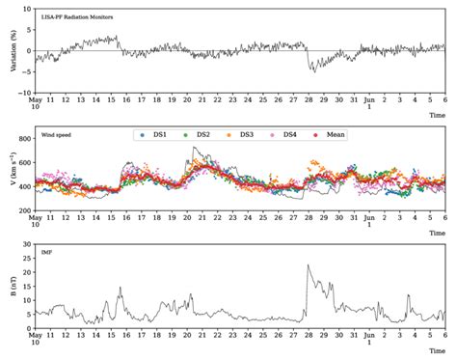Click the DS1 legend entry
[152, 135]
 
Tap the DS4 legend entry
[292, 135]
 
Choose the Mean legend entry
[333, 135]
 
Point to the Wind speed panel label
[54, 135]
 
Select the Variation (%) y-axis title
[8, 51]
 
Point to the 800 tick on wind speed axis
[24, 139]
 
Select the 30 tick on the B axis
[26, 245]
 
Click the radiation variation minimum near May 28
[311, 70]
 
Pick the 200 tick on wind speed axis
[24, 210]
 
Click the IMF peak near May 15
[121, 288]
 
